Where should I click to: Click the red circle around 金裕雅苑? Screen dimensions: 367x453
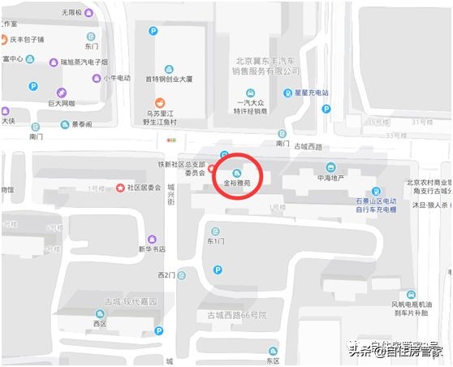(x=237, y=175)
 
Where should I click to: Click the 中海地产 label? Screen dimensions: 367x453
(x=330, y=178)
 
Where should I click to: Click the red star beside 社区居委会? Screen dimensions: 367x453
(x=120, y=188)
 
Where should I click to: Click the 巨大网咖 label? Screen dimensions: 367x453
(x=62, y=103)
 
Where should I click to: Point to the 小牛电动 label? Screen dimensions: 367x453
(x=116, y=78)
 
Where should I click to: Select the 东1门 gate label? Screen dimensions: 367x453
(x=215, y=241)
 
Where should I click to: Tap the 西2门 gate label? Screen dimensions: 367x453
(x=166, y=275)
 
